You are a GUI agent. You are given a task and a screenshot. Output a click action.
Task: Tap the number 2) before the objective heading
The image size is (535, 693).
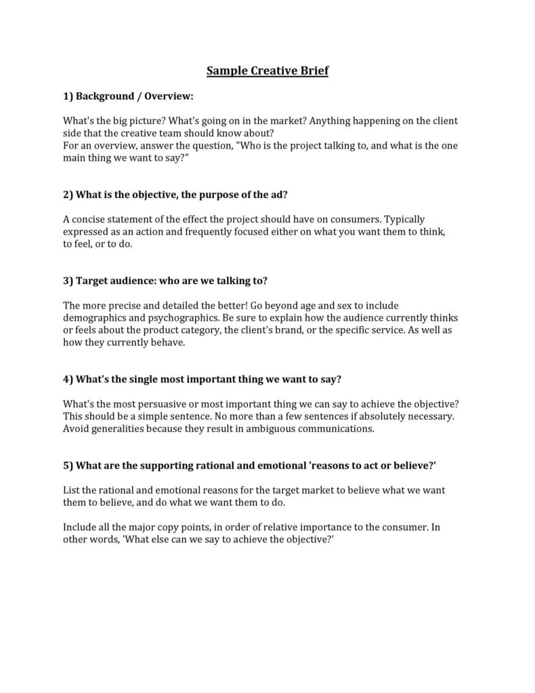[68, 195]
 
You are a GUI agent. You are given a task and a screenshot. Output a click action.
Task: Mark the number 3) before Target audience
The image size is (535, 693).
[68, 281]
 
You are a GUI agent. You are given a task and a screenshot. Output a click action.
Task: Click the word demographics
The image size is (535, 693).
[95, 318]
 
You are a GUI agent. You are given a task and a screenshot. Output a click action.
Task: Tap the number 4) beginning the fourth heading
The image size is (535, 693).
[68, 379]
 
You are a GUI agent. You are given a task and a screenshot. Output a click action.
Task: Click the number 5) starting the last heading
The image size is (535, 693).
[68, 465]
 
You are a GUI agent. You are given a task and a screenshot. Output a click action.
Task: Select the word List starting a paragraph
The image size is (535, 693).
[71, 490]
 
